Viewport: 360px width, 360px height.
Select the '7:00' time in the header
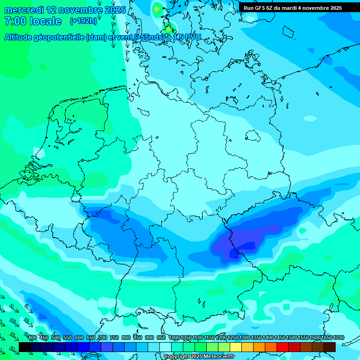point(15,21)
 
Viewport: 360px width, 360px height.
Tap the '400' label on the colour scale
point(32,337)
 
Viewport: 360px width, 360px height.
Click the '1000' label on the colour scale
point(174,337)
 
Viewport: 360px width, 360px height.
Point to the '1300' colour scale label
point(244,337)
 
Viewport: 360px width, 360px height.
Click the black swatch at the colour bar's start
point(25,347)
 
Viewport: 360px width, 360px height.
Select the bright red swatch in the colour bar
point(283,347)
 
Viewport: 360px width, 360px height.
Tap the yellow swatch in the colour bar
point(236,347)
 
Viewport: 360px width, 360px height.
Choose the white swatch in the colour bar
point(165,347)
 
